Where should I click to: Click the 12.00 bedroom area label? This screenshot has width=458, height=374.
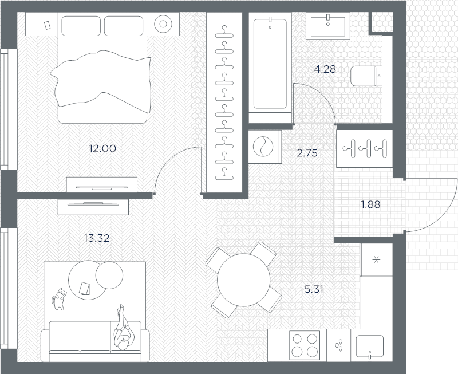click(x=102, y=149)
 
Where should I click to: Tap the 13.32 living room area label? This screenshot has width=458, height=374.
click(x=97, y=238)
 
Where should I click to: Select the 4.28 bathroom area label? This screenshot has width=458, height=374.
click(x=325, y=69)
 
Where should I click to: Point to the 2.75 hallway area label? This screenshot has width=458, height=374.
click(x=307, y=153)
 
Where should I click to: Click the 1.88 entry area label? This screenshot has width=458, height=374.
click(x=370, y=204)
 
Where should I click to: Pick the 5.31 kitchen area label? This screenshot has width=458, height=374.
click(x=314, y=289)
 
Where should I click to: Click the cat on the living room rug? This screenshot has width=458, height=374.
click(x=60, y=299)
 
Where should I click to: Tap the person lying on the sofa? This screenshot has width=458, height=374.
click(x=123, y=327)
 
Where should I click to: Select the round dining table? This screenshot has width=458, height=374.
click(x=244, y=279)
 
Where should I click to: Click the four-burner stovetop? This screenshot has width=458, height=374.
click(x=305, y=345)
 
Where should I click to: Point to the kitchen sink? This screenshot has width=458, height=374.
click(x=369, y=347)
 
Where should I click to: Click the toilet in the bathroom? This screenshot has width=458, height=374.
click(x=366, y=76)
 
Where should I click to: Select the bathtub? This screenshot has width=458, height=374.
click(x=270, y=64)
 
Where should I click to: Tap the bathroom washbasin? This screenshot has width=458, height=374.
click(x=327, y=26)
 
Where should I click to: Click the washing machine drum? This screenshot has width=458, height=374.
click(x=263, y=147)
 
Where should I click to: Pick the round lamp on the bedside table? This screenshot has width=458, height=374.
click(x=163, y=24)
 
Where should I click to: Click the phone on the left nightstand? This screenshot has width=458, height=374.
click(x=47, y=25)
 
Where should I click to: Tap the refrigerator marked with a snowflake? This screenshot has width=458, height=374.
click(x=376, y=259)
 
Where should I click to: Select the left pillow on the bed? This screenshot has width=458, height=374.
click(x=81, y=26)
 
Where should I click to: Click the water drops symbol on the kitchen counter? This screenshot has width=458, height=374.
click(x=338, y=345)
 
